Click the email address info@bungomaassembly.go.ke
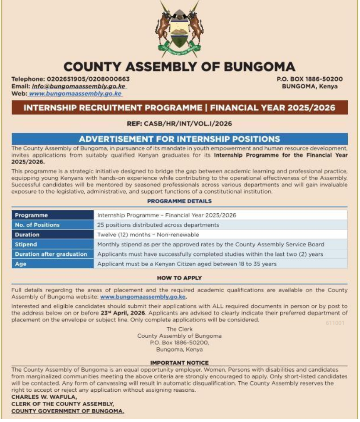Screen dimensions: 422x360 point(79,86)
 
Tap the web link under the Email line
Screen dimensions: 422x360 point(75,94)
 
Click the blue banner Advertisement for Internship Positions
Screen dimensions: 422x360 point(179,139)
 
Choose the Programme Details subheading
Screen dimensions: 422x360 point(179,201)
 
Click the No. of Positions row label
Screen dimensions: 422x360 point(37,225)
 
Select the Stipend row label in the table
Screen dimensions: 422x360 point(26,244)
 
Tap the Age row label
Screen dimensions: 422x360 point(21,264)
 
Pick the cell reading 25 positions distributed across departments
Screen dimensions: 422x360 point(158,225)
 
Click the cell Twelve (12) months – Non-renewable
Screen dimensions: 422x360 point(148,235)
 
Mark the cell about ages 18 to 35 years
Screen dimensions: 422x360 point(187,264)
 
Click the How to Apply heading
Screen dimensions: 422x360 point(179,278)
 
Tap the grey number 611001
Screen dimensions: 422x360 point(335,323)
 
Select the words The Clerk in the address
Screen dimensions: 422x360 point(179,329)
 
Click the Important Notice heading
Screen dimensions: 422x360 point(179,363)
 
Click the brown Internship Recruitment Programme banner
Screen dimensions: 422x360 point(179,107)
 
